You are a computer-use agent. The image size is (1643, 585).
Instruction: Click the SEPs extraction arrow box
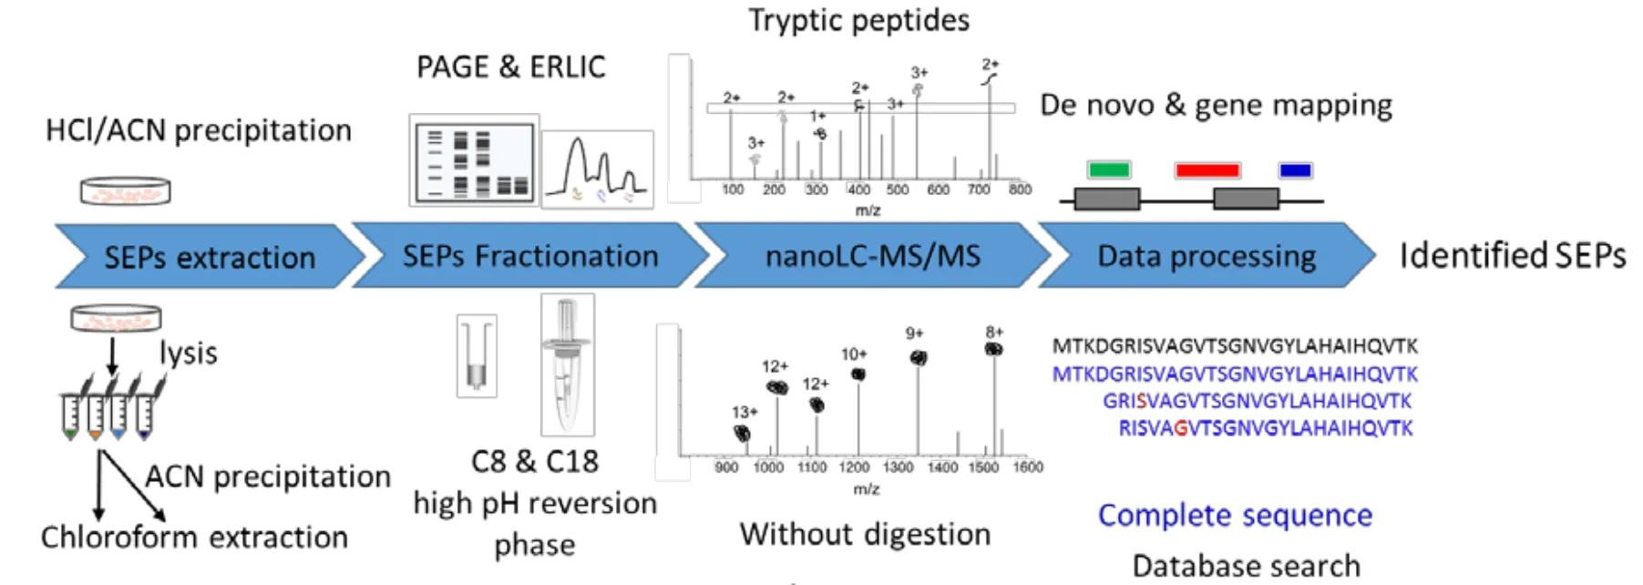210,257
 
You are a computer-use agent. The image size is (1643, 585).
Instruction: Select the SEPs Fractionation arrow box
530,256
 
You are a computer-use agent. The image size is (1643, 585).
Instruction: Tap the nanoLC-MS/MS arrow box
872,256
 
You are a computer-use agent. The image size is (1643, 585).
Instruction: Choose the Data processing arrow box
1206,256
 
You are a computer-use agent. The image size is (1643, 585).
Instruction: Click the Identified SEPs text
1512,256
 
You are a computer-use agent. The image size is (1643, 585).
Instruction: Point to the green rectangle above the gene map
1109,169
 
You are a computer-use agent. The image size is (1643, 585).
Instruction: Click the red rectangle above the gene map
1207,170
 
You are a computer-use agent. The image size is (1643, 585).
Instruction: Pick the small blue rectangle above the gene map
1295,170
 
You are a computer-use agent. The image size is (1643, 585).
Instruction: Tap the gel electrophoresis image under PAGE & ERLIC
474,161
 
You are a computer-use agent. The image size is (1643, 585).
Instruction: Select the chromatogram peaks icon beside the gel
597,169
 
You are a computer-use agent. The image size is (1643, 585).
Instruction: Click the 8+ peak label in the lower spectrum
994,333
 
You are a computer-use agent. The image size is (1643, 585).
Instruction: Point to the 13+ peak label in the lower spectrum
744,413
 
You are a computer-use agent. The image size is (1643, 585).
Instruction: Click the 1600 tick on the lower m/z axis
1028,467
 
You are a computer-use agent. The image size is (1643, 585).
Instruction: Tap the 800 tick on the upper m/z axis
1020,190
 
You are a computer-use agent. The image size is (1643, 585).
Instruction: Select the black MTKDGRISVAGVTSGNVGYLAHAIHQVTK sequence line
1235,346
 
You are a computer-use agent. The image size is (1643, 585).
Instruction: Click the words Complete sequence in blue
1235,515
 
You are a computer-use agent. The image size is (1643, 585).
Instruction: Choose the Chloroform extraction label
194,538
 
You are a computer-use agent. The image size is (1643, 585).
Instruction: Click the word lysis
189,354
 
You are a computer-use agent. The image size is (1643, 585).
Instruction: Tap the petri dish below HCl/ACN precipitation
125,190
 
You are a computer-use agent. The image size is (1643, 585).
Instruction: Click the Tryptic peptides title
858,20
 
